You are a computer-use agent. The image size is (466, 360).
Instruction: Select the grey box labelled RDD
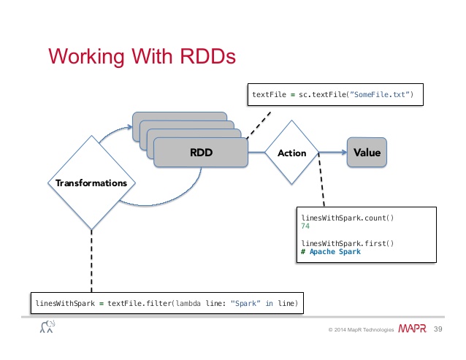click(201, 153)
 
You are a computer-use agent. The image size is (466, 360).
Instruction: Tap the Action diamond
click(292, 153)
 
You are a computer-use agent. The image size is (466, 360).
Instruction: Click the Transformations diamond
click(91, 183)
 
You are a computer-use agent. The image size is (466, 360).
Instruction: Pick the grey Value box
click(365, 153)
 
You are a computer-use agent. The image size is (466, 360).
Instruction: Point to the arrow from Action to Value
click(332, 153)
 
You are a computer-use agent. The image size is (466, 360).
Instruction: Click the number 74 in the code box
click(305, 226)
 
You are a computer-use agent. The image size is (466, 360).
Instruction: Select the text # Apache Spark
click(331, 252)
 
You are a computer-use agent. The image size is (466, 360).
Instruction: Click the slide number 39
click(440, 329)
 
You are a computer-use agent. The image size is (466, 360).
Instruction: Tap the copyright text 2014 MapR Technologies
click(362, 330)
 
